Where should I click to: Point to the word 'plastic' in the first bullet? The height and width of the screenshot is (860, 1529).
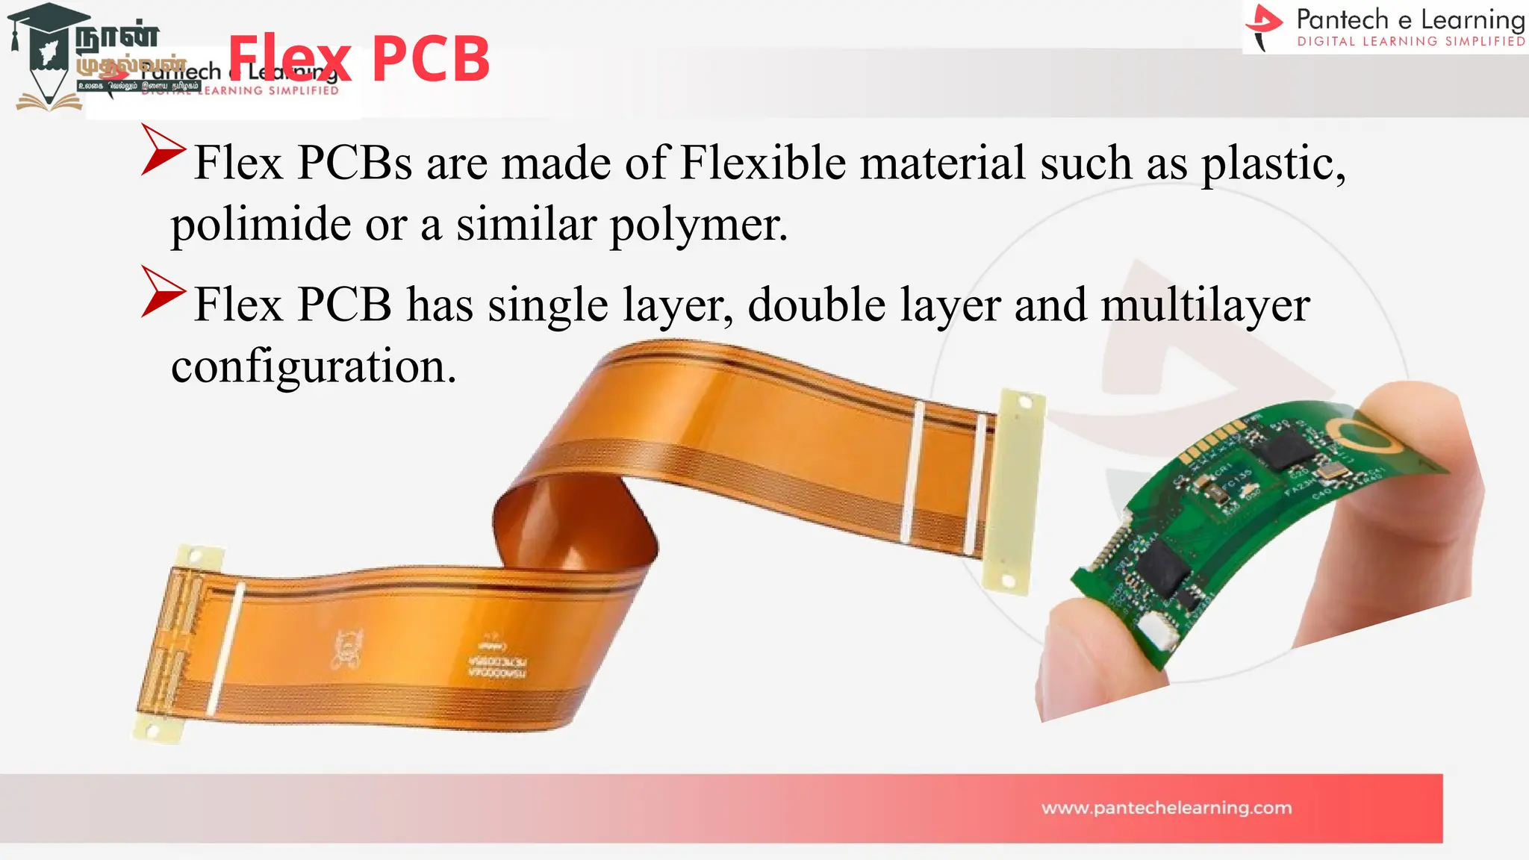(x=1272, y=163)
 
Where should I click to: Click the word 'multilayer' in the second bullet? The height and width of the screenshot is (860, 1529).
(x=1205, y=305)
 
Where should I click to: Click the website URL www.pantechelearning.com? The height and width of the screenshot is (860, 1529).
(x=1166, y=808)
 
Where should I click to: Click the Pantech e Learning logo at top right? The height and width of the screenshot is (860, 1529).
(x=1385, y=27)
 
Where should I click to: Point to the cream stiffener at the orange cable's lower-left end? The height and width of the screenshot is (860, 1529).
(x=170, y=642)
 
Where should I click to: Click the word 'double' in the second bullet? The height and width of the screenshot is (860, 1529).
(x=817, y=305)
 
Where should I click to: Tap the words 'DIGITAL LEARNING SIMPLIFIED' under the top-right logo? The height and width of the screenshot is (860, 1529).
(x=1411, y=42)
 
